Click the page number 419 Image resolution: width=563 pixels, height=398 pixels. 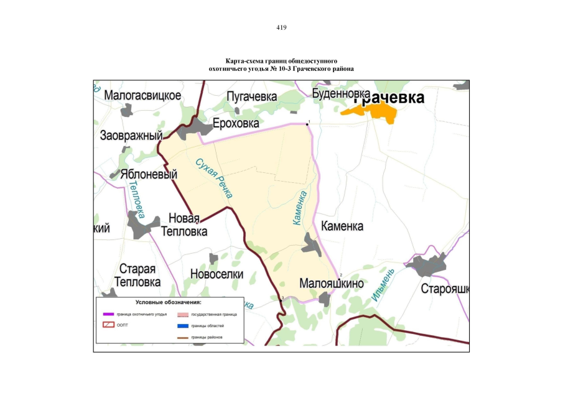[x=281, y=27]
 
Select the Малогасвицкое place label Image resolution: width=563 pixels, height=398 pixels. [x=142, y=96]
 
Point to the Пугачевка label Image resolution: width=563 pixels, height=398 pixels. [x=251, y=96]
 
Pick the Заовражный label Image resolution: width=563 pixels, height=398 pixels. [x=131, y=136]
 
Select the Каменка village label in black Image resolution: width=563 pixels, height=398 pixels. [x=342, y=226]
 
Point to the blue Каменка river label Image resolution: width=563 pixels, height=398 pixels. [x=300, y=208]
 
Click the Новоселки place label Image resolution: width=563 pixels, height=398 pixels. [x=216, y=274]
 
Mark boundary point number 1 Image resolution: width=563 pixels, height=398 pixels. [x=307, y=124]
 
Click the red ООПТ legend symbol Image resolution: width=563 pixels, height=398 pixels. [x=109, y=325]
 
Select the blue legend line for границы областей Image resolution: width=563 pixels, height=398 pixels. [x=183, y=325]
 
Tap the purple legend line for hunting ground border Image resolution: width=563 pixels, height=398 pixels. [x=109, y=314]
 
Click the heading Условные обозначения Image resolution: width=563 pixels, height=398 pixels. [x=168, y=302]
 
